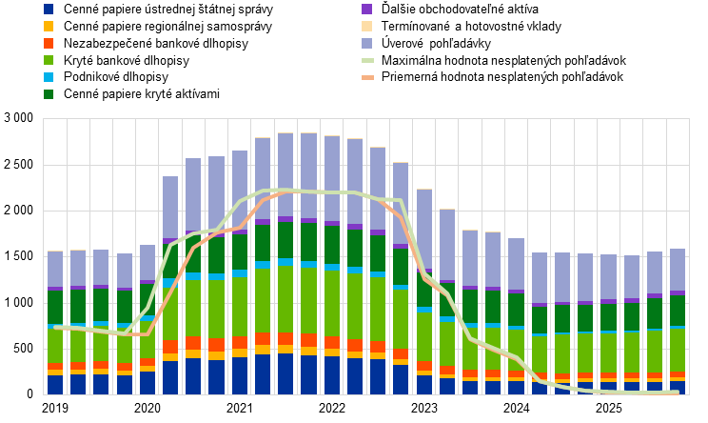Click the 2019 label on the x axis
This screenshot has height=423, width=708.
pos(55,408)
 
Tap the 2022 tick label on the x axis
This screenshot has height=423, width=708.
pos(332,408)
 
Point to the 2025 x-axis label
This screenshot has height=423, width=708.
pos(609,408)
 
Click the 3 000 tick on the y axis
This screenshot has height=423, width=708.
pos(19,118)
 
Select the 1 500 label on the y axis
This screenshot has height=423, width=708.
pos(19,256)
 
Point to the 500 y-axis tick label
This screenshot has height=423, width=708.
pos(24,349)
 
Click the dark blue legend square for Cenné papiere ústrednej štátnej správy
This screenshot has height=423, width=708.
pos(49,9)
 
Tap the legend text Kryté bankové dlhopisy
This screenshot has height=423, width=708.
pos(127,61)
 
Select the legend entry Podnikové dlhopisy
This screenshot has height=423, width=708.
pos(116,77)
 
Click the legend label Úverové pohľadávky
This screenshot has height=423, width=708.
pos(436,44)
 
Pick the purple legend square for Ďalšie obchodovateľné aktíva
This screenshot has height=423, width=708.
pos(366,9)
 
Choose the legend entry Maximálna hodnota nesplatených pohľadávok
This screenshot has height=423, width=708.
pos(504,61)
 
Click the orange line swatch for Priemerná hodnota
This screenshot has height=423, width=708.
pos(367,77)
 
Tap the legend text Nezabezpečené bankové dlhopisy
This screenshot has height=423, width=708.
pos(156,44)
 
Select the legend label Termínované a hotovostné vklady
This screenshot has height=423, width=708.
pos(471,27)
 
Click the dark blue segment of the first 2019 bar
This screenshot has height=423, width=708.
pos(55,385)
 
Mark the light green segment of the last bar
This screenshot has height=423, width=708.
pos(678,351)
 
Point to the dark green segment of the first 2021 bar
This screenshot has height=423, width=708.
pos(240,252)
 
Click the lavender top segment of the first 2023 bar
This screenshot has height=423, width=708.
pos(424,229)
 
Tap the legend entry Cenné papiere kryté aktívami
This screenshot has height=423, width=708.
pos(142,94)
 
